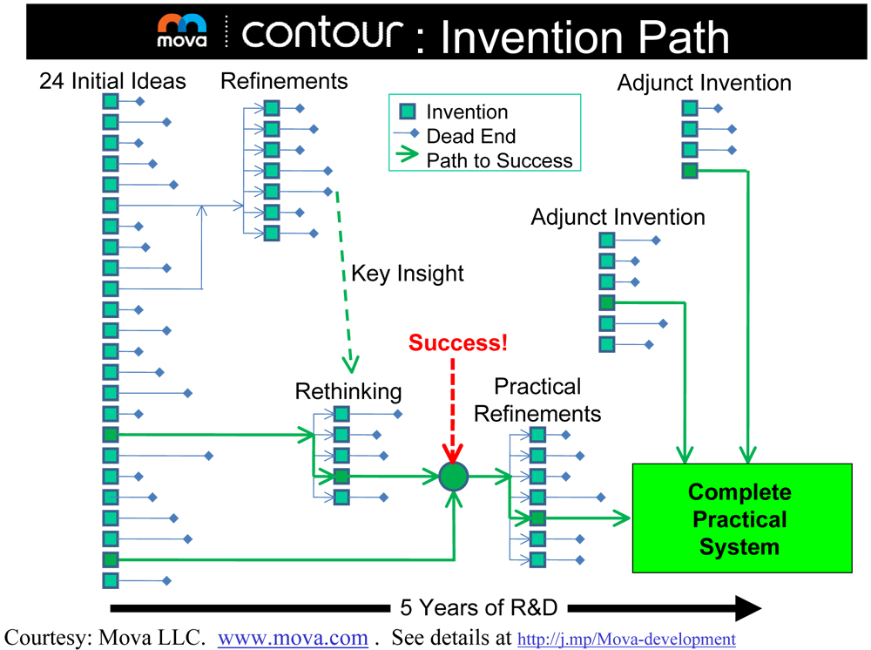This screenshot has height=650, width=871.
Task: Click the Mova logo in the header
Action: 182,31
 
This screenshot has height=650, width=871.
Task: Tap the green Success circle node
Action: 454,476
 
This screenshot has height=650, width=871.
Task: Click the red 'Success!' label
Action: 457,342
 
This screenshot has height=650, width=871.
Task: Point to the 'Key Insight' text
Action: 407,274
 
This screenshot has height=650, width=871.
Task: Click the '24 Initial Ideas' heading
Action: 112,82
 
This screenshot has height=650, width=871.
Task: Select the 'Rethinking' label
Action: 348,391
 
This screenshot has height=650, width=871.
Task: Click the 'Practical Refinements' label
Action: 537,400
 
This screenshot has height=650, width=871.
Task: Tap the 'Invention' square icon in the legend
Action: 407,112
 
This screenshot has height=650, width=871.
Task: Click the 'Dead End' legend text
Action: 470,136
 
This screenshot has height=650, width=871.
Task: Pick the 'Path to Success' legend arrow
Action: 407,160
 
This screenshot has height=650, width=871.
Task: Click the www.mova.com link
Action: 293,638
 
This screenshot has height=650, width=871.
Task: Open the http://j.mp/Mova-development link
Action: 626,640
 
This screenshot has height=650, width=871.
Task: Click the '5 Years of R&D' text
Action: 478,607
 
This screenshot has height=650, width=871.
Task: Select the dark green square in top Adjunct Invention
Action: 690,171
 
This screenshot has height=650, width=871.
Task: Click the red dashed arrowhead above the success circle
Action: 453,455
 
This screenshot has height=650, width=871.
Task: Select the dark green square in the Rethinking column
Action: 341,476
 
